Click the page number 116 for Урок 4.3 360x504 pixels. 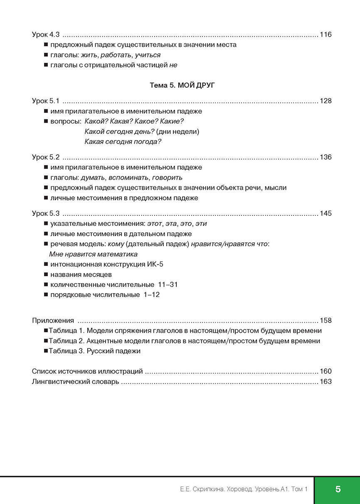pyautogui.click(x=325, y=35)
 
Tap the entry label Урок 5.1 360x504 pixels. pyautogui.click(x=46, y=101)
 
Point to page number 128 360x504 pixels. pyautogui.click(x=325, y=101)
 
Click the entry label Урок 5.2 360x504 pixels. pyautogui.click(x=46, y=157)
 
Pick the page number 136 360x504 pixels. pyautogui.click(x=325, y=157)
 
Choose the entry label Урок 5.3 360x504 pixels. pyautogui.click(x=46, y=213)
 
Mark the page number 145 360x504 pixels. pyautogui.click(x=325, y=213)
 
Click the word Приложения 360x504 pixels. pyautogui.click(x=53, y=321)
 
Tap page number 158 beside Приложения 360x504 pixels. pyautogui.click(x=325, y=321)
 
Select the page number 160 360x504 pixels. pyautogui.click(x=325, y=371)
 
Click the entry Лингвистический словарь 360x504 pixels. pyautogui.click(x=75, y=381)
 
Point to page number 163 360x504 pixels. pyautogui.click(x=325, y=381)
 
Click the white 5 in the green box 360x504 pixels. pyautogui.click(x=338, y=489)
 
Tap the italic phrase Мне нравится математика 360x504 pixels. pyautogui.click(x=93, y=254)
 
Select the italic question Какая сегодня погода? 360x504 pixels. pyautogui.click(x=123, y=142)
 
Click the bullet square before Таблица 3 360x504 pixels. pyautogui.click(x=45, y=351)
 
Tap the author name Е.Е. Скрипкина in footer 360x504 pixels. pyautogui.click(x=198, y=489)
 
